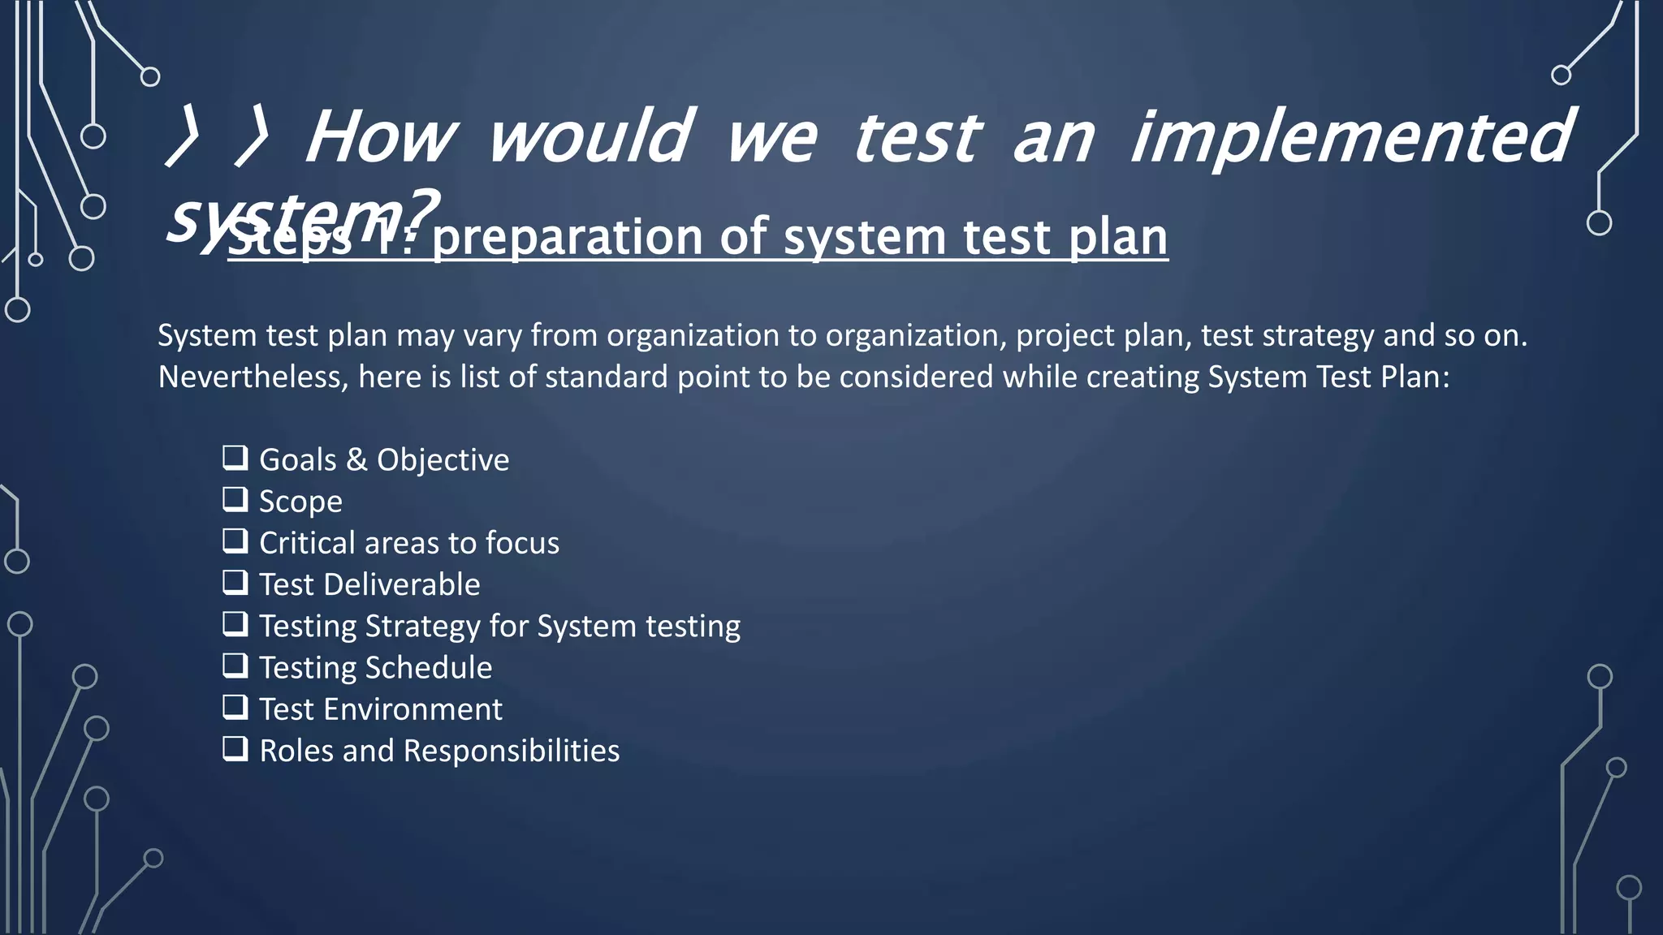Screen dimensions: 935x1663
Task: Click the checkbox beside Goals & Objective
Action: point(235,458)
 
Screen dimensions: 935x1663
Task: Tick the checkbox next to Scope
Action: point(235,499)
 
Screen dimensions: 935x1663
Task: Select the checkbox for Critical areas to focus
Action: point(235,541)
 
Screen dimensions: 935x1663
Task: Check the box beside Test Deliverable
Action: point(235,582)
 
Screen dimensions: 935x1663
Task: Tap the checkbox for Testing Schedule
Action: point(235,666)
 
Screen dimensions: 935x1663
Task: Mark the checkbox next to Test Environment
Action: point(235,707)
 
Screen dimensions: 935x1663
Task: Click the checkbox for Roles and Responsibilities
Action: point(235,748)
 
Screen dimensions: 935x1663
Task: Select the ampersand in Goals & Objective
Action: point(356,460)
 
